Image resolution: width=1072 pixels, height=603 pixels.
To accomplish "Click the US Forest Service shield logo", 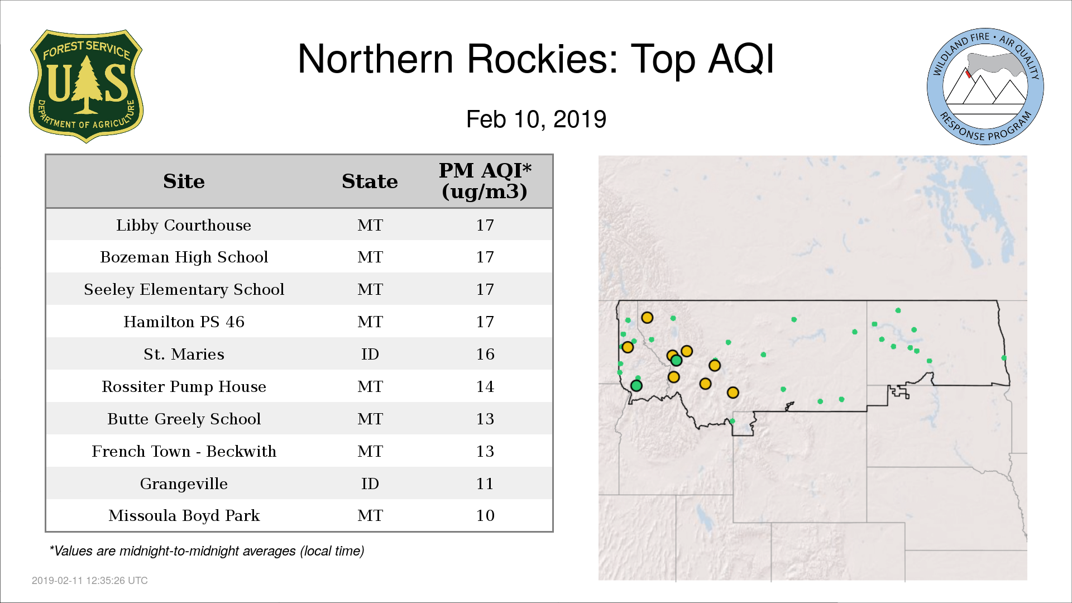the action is [x=86, y=86].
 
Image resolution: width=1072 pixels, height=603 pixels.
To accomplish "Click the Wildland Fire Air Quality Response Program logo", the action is [x=985, y=87].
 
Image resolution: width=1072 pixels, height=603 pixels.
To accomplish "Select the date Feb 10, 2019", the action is [x=536, y=119].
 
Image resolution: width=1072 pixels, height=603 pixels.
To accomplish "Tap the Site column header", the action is [x=184, y=181].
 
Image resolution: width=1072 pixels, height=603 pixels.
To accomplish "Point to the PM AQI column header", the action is [x=485, y=181].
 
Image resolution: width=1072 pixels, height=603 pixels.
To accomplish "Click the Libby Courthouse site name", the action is [x=184, y=225].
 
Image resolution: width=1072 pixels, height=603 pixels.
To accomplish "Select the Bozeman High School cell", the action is [x=184, y=257].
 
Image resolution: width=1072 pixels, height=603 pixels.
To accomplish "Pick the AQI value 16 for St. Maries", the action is [x=485, y=354].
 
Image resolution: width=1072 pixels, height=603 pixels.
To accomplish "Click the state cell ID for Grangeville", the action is [x=370, y=484].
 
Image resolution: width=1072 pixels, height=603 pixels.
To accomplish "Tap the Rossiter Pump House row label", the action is [x=184, y=386].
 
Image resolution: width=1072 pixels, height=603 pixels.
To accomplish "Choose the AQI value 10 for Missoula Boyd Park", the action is [x=485, y=515].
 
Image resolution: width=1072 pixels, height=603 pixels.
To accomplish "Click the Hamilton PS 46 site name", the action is [x=184, y=322].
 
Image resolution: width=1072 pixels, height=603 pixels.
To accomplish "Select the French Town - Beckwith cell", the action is [x=184, y=451].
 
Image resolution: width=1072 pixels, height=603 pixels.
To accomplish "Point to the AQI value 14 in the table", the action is [x=485, y=386].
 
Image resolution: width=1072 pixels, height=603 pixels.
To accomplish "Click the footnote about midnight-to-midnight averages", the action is [x=207, y=551].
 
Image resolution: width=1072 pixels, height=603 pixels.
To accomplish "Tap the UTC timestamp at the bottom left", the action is [x=90, y=581].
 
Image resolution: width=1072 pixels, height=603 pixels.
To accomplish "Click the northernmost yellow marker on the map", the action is [x=647, y=318].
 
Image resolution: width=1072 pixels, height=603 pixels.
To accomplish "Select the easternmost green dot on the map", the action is [x=1004, y=358].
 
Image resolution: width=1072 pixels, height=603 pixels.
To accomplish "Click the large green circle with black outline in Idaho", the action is [x=636, y=385].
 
